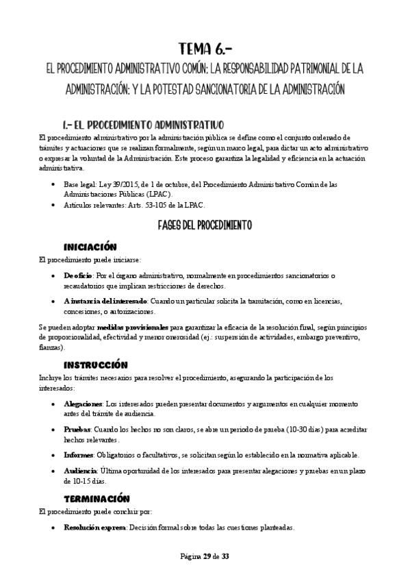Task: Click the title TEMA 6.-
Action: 205,49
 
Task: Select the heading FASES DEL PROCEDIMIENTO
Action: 205,224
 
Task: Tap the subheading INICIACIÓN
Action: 90,247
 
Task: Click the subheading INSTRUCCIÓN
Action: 95,365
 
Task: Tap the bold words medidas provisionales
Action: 133,328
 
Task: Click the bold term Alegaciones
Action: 84,404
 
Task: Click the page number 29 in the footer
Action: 206,556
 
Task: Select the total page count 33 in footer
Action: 225,556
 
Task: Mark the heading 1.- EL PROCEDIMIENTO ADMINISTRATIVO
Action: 142,125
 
